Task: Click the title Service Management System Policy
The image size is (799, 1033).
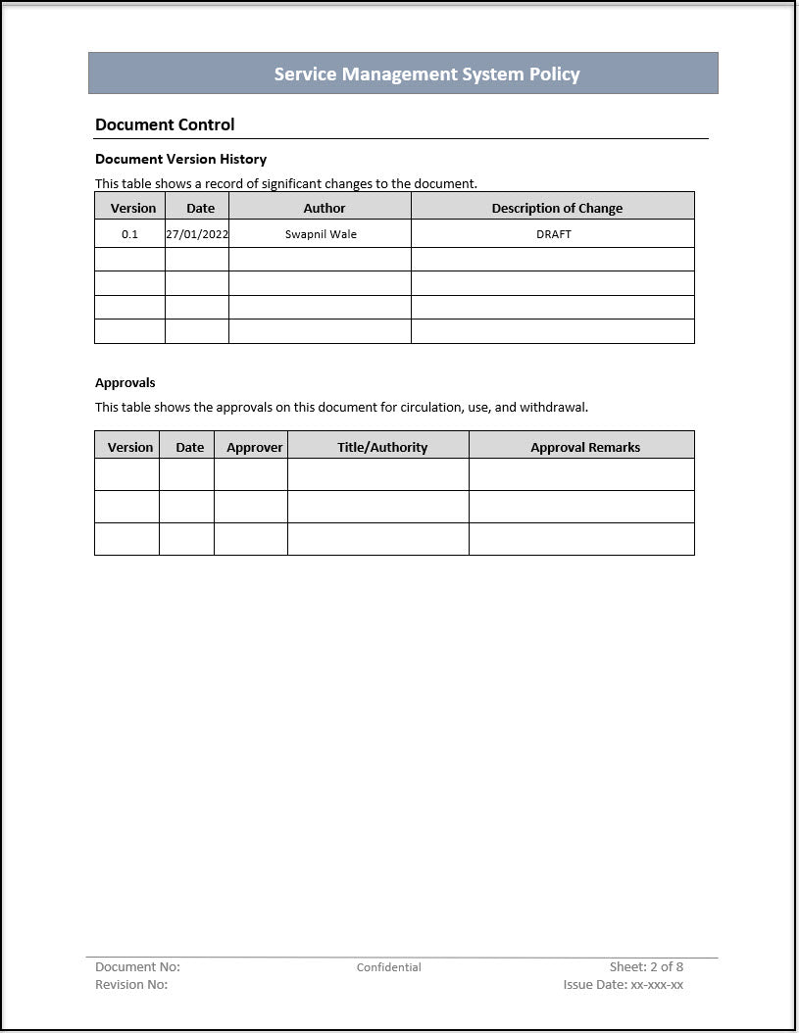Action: click(426, 74)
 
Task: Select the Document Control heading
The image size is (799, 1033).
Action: click(165, 124)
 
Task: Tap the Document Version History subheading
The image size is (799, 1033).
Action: click(180, 159)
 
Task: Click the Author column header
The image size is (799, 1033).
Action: click(325, 208)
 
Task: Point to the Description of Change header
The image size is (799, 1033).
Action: click(557, 208)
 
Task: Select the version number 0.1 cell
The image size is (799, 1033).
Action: click(130, 234)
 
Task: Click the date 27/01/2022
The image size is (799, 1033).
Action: click(197, 234)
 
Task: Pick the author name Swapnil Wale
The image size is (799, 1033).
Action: click(321, 234)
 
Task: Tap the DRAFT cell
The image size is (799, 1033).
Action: click(554, 234)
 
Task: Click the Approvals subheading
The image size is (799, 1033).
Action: click(125, 382)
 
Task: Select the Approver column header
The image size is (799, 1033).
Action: click(255, 447)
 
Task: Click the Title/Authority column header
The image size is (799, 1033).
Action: click(382, 447)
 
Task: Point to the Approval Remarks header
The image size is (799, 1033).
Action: click(585, 447)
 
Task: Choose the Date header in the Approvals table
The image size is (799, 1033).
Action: click(190, 447)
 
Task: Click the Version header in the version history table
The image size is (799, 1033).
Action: click(133, 208)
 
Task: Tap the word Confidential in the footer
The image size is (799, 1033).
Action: click(389, 967)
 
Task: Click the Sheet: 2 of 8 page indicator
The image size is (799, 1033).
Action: click(646, 967)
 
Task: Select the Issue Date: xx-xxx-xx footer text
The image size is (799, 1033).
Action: click(624, 985)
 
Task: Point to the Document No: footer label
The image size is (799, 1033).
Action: click(137, 967)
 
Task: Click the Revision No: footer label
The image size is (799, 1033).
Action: click(131, 985)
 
